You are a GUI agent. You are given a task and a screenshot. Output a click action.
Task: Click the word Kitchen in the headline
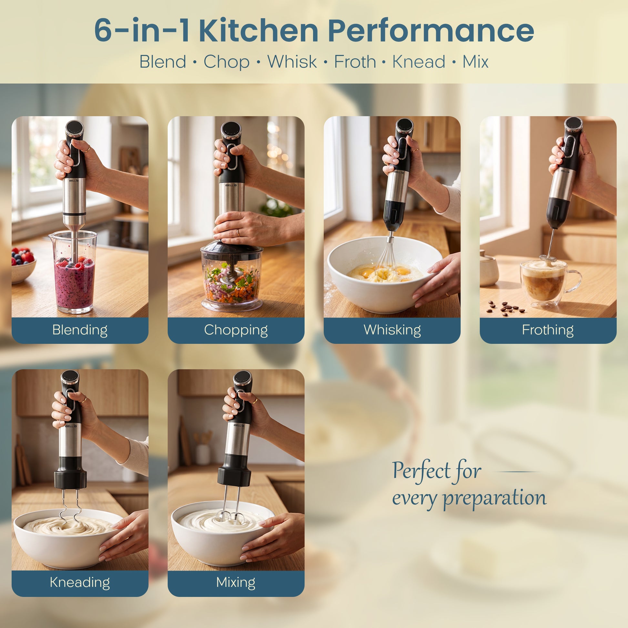tap(258, 31)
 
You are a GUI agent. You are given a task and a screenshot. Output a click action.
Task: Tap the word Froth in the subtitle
tap(355, 61)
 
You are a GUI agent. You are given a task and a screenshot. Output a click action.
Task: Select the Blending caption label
tap(80, 330)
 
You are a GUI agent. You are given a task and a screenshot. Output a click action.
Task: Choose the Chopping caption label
tap(236, 330)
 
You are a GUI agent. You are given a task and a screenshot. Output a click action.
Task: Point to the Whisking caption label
tap(392, 330)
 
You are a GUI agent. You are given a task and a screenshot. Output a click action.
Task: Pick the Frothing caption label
tap(548, 330)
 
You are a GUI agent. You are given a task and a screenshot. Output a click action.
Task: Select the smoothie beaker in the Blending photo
tap(74, 272)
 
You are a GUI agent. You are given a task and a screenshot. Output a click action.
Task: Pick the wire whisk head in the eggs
tap(387, 260)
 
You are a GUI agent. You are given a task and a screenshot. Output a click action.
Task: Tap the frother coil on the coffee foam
tap(547, 259)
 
